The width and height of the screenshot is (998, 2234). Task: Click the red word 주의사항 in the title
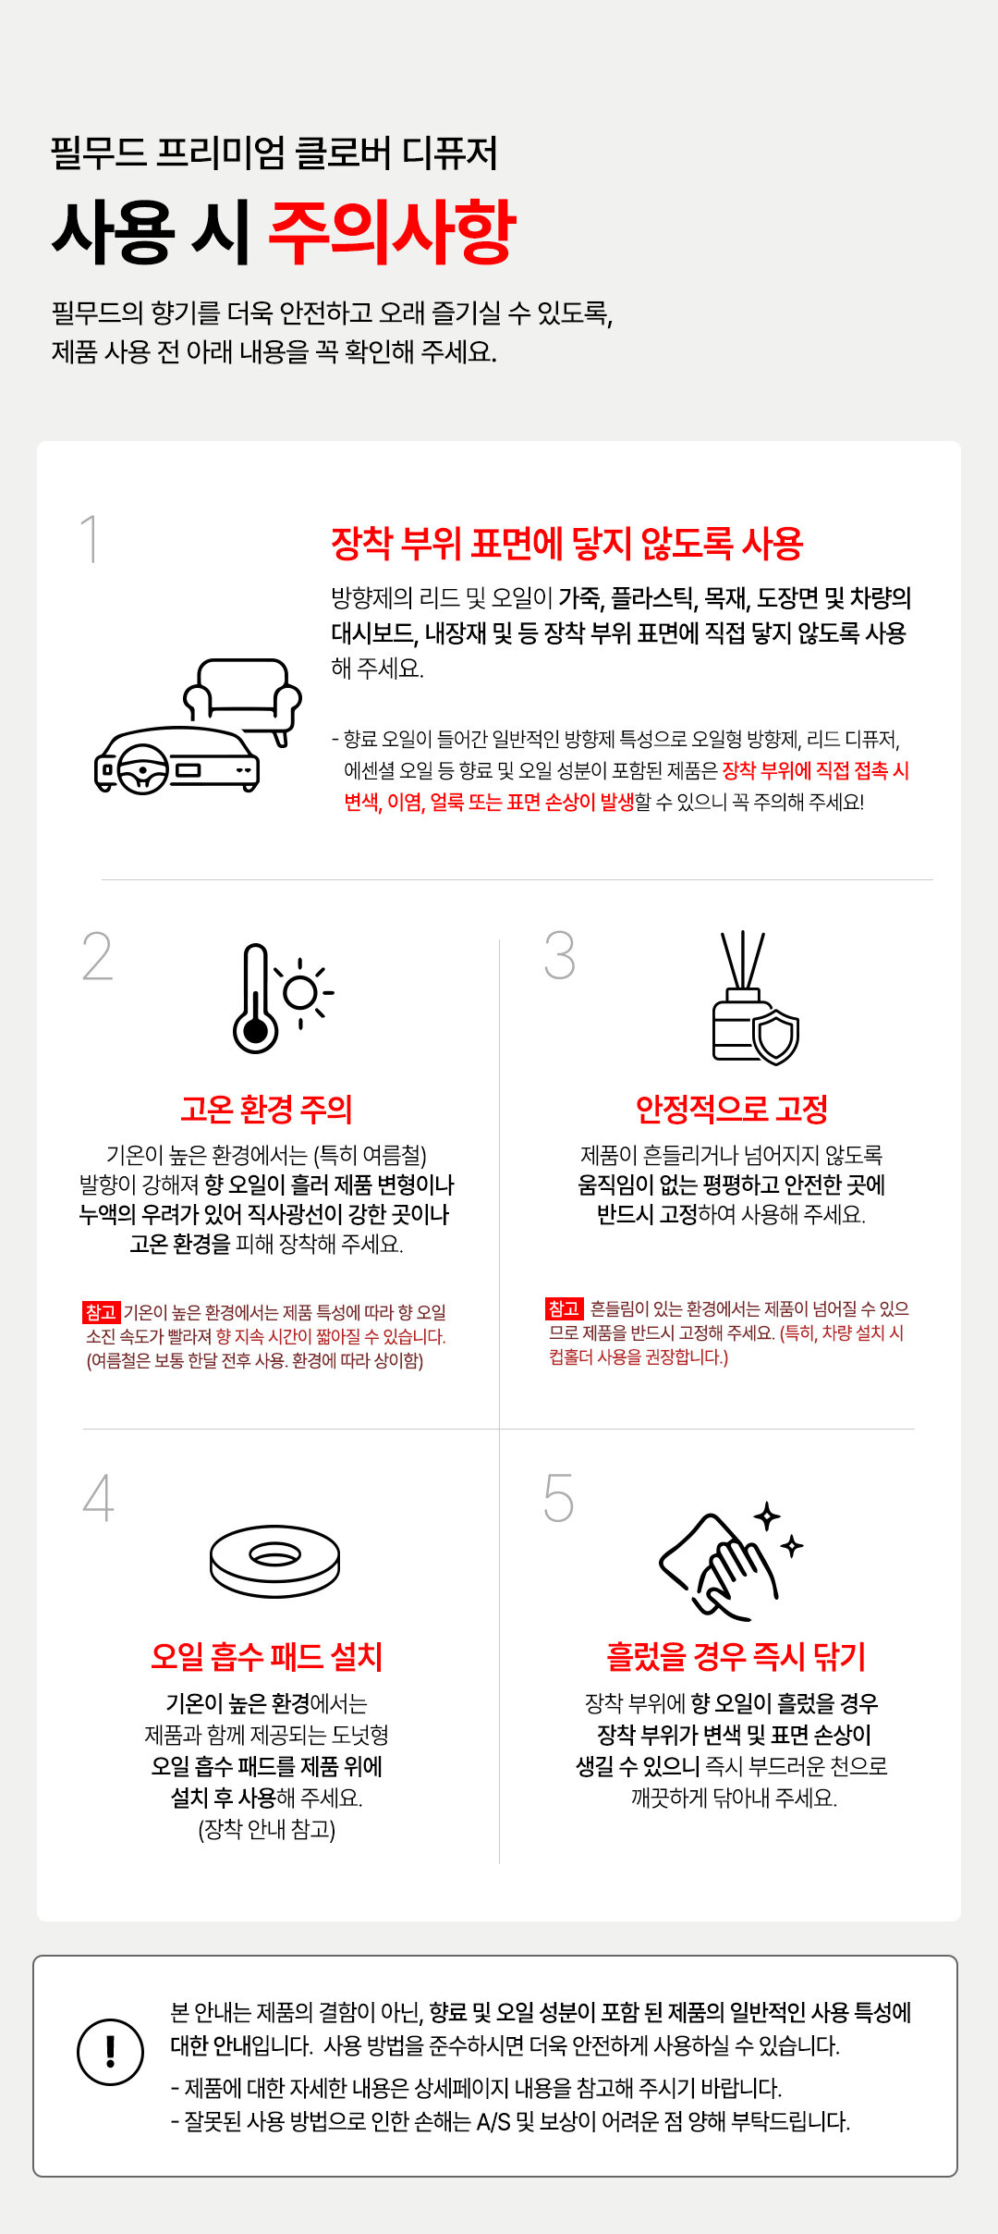coord(392,231)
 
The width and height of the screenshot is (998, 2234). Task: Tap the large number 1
coord(90,539)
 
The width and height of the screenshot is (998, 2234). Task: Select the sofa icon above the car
coord(243,698)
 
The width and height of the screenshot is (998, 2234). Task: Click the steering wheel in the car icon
coord(142,769)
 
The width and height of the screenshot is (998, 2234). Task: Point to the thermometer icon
coord(256,999)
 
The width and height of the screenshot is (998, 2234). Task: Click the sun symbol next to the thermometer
coord(302,993)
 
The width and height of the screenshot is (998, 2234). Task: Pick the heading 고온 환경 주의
coord(267,1109)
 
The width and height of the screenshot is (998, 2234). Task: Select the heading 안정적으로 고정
coord(731,1109)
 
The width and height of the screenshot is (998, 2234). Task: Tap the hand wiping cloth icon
coord(730,1562)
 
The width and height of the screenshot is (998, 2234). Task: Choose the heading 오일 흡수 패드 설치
coord(267,1656)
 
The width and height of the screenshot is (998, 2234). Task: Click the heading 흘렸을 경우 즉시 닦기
coord(736,1656)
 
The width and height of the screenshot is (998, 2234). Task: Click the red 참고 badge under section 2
coord(101,1312)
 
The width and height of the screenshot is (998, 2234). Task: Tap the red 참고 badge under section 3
coord(564,1308)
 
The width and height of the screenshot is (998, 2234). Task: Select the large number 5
coord(558,1498)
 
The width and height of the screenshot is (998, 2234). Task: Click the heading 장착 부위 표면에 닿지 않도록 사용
coord(567,544)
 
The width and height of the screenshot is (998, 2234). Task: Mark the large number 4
coord(99,1498)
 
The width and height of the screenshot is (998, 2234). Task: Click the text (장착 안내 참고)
coord(267,1829)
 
